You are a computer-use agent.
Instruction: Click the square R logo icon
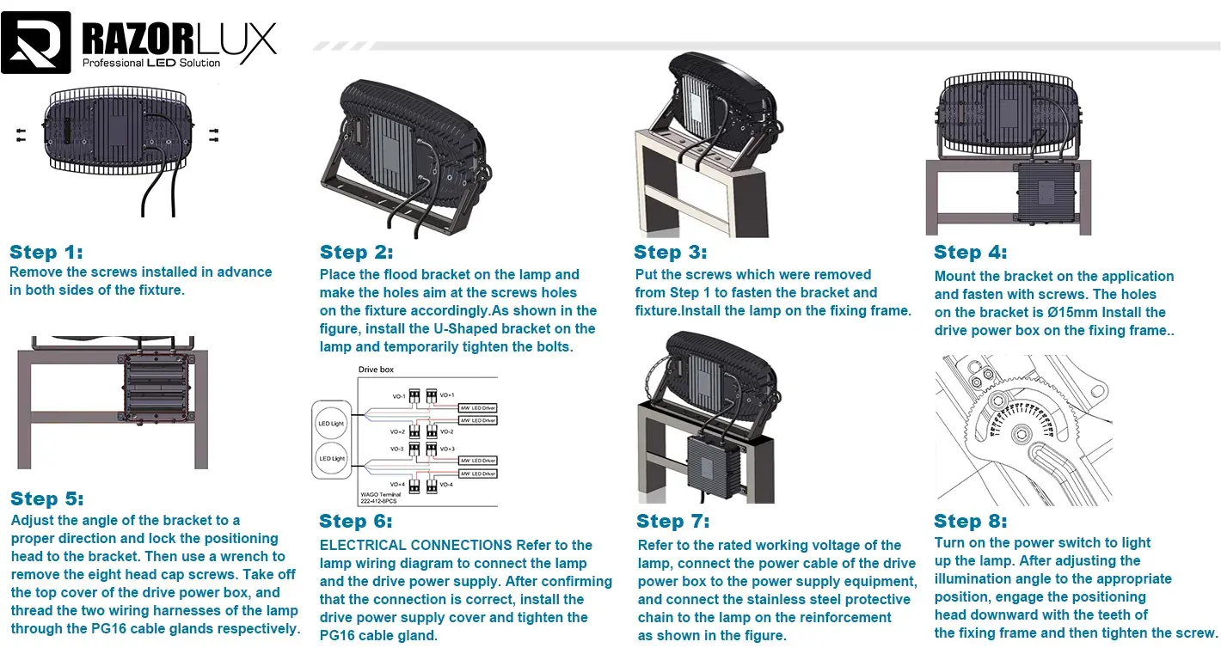tap(36, 42)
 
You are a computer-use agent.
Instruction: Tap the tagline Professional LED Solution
tap(150, 63)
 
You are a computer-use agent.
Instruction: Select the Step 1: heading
tap(46, 252)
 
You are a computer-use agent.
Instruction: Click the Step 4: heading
tap(970, 252)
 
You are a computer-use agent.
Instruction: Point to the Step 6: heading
tap(355, 521)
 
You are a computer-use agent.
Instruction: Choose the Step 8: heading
tap(970, 521)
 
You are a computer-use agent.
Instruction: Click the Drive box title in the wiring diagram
tap(377, 370)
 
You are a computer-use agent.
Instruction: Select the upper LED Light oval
tap(332, 423)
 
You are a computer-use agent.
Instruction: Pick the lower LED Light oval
tap(332, 458)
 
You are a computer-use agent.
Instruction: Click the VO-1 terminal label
tap(398, 396)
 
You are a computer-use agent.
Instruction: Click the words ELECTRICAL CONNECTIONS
tap(415, 545)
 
